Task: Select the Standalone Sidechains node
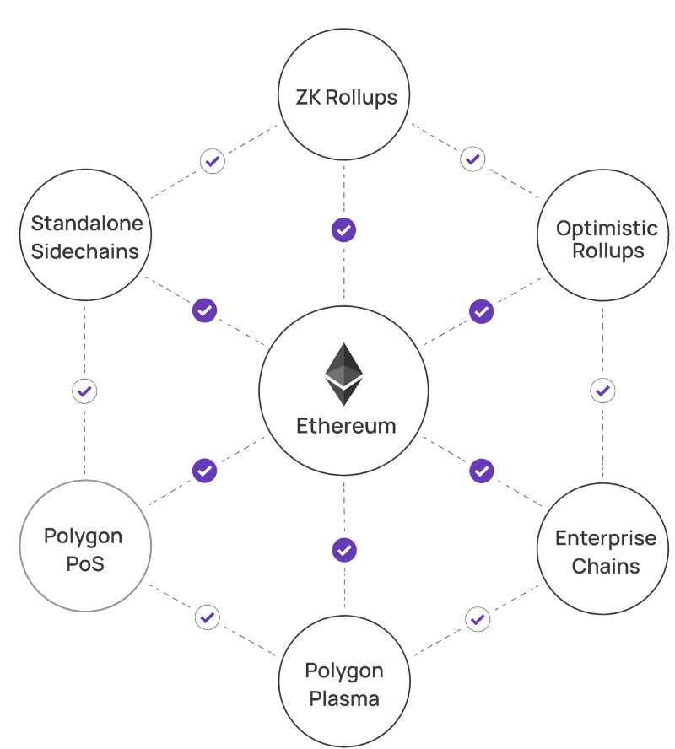85,236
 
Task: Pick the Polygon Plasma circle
344,683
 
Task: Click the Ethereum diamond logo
344,374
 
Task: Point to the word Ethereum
346,426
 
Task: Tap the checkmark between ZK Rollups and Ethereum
343,229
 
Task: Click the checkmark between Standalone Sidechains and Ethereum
204,310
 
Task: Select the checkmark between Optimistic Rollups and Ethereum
482,310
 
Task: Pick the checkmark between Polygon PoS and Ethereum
204,470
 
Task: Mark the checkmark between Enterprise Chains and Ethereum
482,470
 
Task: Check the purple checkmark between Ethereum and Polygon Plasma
344,550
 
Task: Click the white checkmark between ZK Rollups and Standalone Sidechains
213,160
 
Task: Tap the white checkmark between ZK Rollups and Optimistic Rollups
472,159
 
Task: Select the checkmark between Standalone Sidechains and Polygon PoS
84,391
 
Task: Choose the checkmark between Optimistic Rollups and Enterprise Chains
603,391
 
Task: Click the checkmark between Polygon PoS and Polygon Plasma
208,617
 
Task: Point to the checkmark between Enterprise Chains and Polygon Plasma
478,619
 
